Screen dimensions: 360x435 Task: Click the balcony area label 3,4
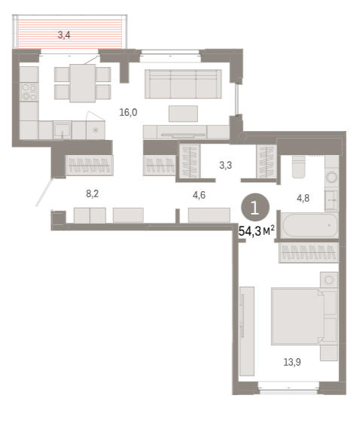(x=64, y=35)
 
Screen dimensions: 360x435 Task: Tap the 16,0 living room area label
(x=128, y=112)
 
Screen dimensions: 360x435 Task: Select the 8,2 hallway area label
(x=92, y=193)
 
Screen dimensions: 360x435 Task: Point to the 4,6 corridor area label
(x=199, y=195)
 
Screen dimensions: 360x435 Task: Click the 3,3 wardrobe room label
(x=225, y=166)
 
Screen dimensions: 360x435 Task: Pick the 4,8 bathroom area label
(x=303, y=198)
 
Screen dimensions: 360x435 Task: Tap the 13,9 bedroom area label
(x=292, y=362)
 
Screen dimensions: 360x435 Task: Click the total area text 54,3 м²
(x=257, y=231)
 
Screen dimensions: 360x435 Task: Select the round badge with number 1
(x=255, y=208)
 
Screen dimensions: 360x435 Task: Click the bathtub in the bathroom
(x=310, y=225)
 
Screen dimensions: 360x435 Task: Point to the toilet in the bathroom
(x=299, y=166)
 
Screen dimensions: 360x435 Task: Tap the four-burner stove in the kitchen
(x=29, y=93)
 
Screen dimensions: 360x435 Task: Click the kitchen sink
(x=63, y=130)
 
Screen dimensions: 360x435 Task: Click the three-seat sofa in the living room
(x=183, y=84)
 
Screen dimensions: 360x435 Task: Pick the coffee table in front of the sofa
(x=183, y=114)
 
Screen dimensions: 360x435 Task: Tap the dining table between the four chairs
(x=83, y=84)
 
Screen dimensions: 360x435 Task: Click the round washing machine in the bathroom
(x=331, y=177)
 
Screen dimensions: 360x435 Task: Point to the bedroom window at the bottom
(x=288, y=388)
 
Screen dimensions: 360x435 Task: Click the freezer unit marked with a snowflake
(x=96, y=130)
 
